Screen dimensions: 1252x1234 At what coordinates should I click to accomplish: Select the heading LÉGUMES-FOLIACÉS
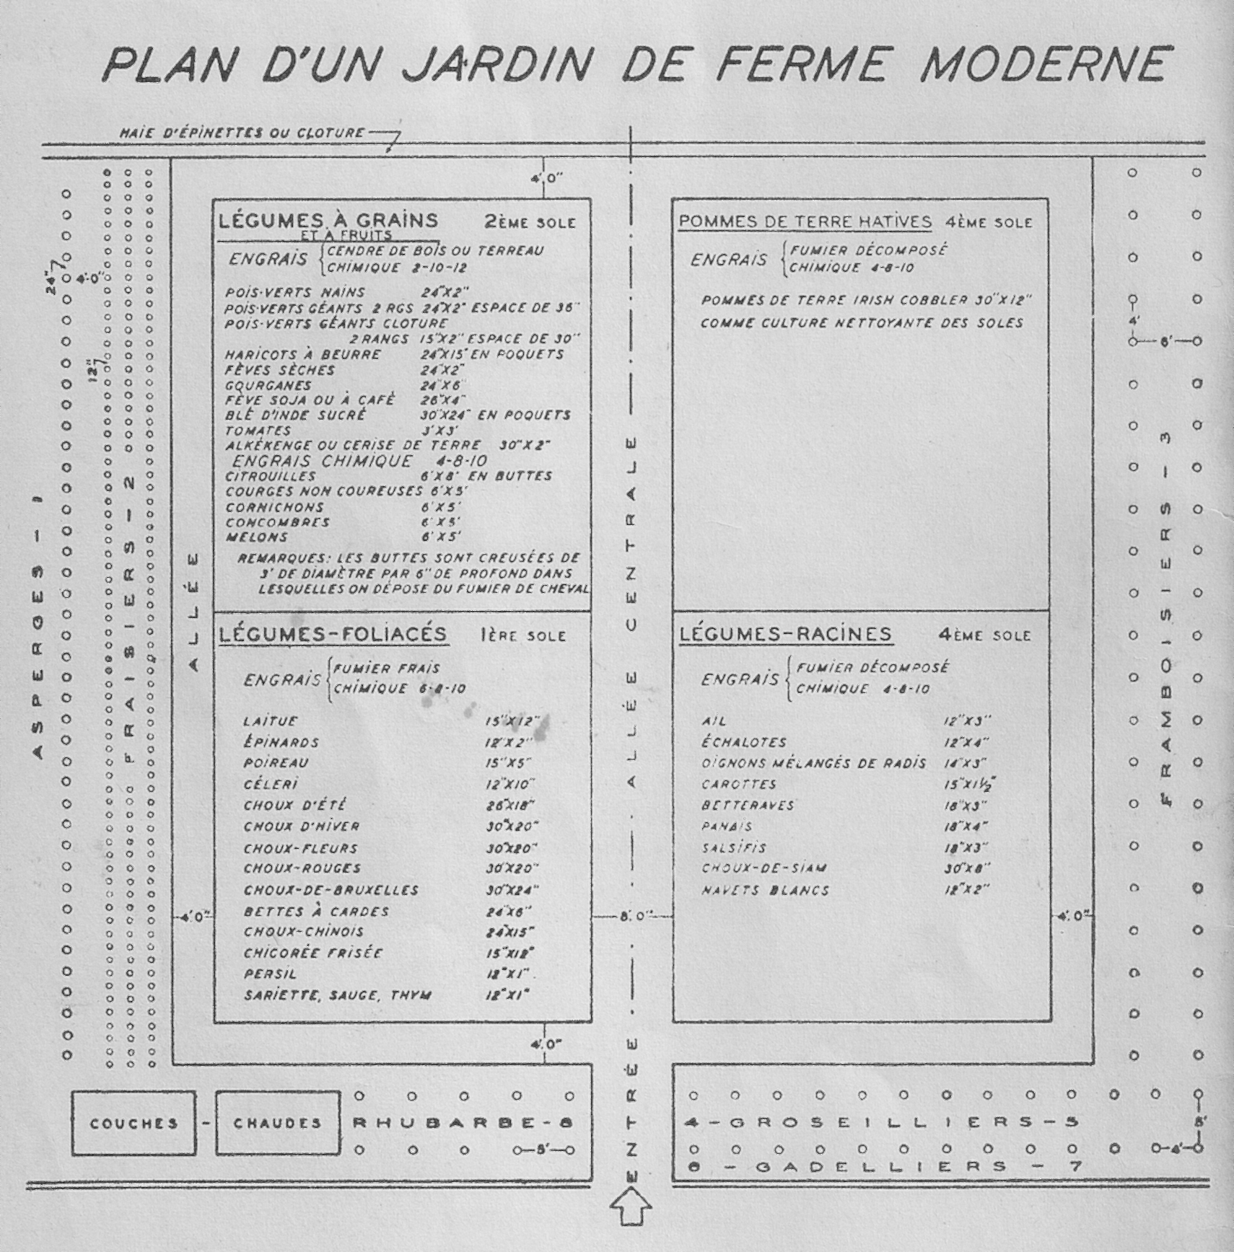point(333,634)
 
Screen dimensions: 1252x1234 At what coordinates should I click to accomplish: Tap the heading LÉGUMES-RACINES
point(786,634)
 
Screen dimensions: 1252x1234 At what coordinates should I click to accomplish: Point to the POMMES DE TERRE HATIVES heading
point(805,221)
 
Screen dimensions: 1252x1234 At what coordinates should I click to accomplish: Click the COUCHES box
point(134,1124)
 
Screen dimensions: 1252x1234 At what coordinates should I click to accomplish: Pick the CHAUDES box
point(278,1124)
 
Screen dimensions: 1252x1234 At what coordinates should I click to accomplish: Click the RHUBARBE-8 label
point(463,1123)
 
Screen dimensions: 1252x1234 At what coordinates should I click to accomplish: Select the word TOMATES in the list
point(258,431)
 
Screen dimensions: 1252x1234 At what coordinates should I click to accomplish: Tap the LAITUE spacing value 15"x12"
point(513,720)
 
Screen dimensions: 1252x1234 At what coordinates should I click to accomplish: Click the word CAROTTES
point(739,784)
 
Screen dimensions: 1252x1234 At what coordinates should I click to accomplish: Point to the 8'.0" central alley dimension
point(634,916)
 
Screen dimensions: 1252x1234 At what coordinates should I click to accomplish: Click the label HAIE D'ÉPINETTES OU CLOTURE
point(242,133)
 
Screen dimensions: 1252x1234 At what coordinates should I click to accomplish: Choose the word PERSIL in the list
point(270,974)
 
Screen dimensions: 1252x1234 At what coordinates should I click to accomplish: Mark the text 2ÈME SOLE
point(530,222)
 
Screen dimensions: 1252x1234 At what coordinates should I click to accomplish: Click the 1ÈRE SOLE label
point(523,635)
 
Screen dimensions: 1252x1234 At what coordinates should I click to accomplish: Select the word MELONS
point(256,537)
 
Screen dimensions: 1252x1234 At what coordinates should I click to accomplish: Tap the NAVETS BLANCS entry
point(766,891)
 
